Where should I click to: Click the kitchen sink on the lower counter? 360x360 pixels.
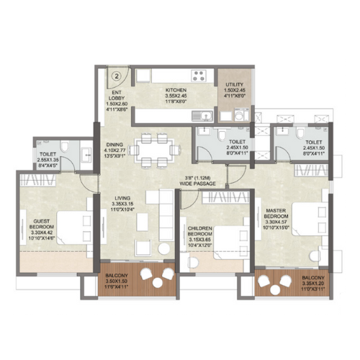coord(204,113)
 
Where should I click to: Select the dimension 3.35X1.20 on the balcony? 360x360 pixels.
coord(314,284)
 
